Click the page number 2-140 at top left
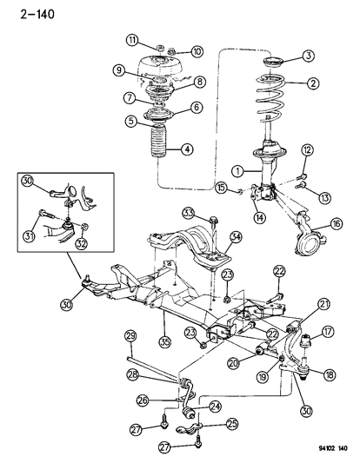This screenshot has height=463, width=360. pyautogui.click(x=27, y=12)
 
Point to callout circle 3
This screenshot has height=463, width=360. pyautogui.click(x=310, y=56)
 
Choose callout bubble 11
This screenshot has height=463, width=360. pyautogui.click(x=133, y=40)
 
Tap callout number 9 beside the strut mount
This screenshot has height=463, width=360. pyautogui.click(x=120, y=70)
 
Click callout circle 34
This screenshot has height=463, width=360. pyautogui.click(x=235, y=236)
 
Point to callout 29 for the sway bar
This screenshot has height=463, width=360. pyautogui.click(x=130, y=336)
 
